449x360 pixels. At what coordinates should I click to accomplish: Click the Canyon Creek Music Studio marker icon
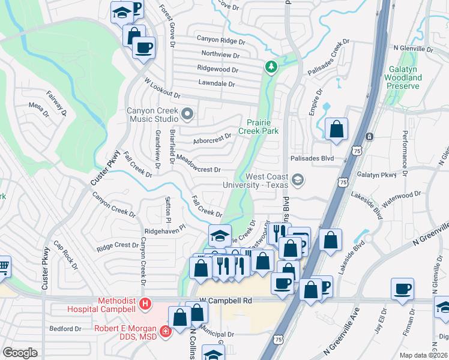point(188,113)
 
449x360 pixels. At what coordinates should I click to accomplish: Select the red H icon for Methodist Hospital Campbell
point(144,304)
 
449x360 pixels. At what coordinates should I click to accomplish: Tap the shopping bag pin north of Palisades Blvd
point(337,128)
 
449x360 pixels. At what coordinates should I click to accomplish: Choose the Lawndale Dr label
point(216,84)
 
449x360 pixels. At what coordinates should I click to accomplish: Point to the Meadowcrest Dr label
point(199,164)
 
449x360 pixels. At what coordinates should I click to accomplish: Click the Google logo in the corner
point(20,353)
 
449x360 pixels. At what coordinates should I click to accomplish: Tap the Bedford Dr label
point(65,329)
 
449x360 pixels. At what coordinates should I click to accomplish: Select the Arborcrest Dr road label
point(212,139)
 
